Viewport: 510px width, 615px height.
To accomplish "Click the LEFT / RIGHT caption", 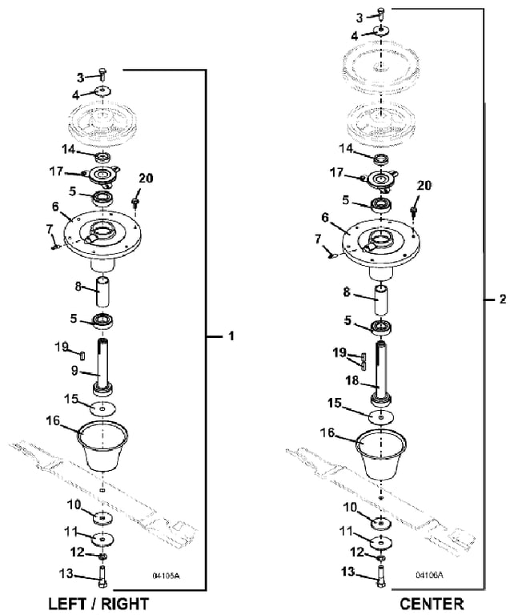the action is click(x=98, y=604).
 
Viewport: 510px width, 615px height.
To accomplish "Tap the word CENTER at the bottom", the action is click(x=432, y=604).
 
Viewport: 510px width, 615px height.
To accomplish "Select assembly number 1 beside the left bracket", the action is click(x=231, y=336).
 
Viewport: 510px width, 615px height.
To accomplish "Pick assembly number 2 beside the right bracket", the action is click(x=503, y=299).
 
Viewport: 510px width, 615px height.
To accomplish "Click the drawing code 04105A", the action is click(x=166, y=576).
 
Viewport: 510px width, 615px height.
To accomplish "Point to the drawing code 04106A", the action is click(x=429, y=576).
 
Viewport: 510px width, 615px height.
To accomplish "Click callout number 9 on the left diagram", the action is click(x=75, y=371).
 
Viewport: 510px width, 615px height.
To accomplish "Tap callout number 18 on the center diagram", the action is click(x=352, y=380).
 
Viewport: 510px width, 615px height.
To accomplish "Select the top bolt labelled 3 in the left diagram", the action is click(x=102, y=74).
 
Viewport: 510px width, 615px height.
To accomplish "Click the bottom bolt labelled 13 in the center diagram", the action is click(x=381, y=577).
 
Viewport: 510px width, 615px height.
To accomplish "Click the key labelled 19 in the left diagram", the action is click(x=82, y=355).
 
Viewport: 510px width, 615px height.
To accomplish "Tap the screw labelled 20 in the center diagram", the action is click(x=412, y=211).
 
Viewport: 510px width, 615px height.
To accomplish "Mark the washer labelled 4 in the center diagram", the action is click(x=381, y=30).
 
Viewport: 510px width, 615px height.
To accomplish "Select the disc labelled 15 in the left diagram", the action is click(x=102, y=408).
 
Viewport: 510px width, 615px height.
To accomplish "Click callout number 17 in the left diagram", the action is click(x=56, y=171).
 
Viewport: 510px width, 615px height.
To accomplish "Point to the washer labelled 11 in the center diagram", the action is click(x=381, y=542).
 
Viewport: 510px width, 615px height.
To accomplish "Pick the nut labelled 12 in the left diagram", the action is click(x=102, y=557).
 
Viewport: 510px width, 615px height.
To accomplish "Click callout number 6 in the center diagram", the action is click(x=325, y=217).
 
